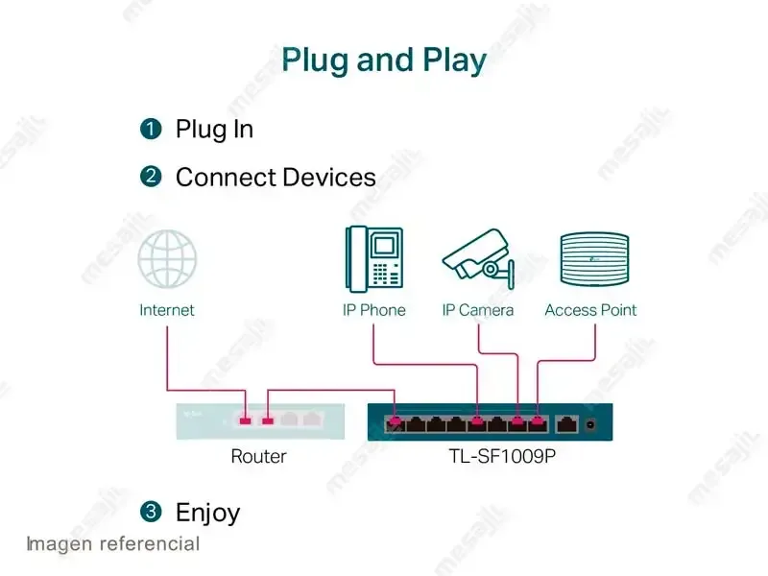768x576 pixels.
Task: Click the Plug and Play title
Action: (x=384, y=61)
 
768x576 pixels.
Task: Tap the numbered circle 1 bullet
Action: (x=151, y=130)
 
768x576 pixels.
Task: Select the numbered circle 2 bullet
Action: (x=151, y=177)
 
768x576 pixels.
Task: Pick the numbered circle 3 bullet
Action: (x=151, y=512)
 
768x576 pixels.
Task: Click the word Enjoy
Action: (x=208, y=514)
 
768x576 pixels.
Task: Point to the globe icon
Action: (x=167, y=258)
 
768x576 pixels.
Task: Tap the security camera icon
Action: (x=478, y=259)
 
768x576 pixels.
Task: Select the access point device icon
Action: (x=594, y=258)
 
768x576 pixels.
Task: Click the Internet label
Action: (x=167, y=310)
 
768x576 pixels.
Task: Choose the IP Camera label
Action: (x=478, y=310)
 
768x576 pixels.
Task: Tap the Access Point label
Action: (x=590, y=310)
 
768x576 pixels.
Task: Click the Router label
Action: (x=258, y=456)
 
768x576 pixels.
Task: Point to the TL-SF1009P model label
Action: (x=502, y=456)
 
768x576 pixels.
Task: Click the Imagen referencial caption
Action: (x=113, y=544)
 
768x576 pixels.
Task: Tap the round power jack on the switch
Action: (x=590, y=424)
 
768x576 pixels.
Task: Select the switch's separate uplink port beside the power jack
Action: (x=566, y=424)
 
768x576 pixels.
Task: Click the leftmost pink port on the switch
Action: (x=396, y=424)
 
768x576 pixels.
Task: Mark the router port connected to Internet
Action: (x=246, y=420)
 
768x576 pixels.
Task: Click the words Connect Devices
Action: (x=276, y=178)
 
